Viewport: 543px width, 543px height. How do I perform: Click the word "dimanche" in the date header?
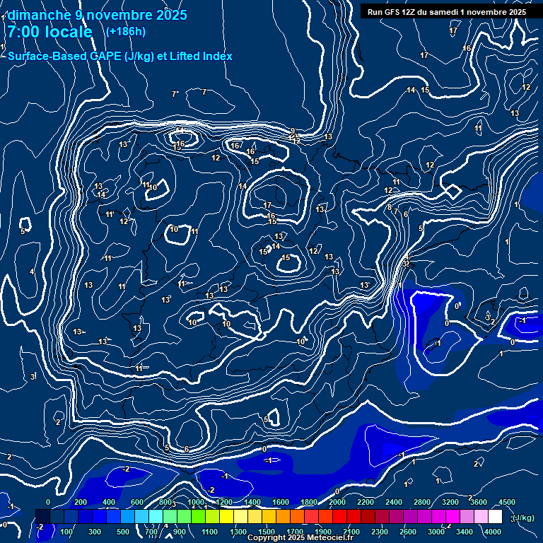(x=37, y=15)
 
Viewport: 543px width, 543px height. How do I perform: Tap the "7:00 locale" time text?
(x=49, y=32)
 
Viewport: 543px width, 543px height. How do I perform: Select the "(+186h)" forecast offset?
(x=126, y=31)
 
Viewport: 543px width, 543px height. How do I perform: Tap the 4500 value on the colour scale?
(x=507, y=502)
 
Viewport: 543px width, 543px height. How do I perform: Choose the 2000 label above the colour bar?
(x=337, y=502)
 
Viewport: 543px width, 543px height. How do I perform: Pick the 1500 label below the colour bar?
(x=267, y=532)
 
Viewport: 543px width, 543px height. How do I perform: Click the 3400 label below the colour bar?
(x=465, y=532)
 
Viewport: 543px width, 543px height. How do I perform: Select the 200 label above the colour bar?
(x=80, y=502)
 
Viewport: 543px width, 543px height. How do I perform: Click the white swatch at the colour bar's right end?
(x=495, y=517)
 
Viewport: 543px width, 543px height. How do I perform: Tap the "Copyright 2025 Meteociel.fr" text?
(x=300, y=538)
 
